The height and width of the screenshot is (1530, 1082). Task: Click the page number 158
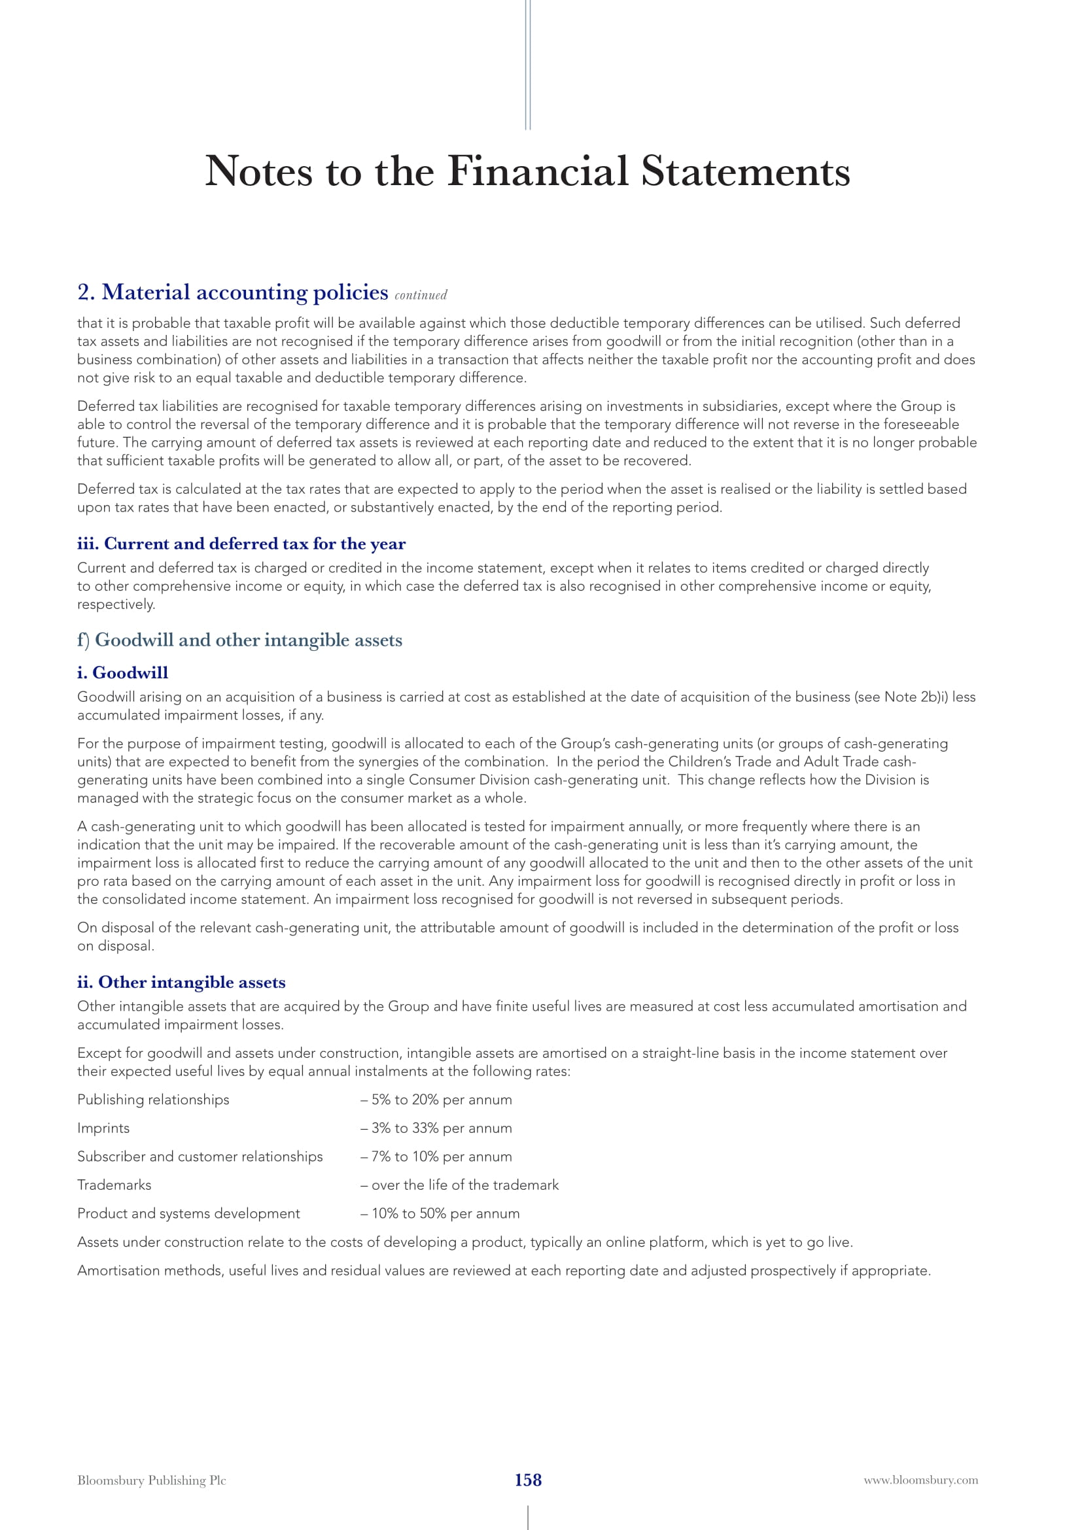tap(528, 1480)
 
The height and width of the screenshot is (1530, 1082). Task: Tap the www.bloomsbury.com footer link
tap(921, 1480)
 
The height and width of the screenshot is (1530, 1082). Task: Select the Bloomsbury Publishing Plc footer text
tap(151, 1480)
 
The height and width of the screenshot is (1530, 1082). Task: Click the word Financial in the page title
tap(538, 171)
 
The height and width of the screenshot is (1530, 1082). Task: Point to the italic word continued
tap(421, 295)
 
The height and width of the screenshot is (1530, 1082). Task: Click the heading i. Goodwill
tap(122, 672)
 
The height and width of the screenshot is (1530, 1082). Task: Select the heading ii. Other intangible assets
tap(181, 982)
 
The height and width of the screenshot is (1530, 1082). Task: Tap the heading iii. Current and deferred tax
tap(241, 544)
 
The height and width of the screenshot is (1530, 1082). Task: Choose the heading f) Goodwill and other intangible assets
tap(240, 640)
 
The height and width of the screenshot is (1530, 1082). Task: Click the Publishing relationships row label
tap(153, 1100)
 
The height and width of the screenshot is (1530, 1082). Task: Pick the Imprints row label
tap(103, 1128)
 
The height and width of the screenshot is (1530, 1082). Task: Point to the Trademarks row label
tap(114, 1185)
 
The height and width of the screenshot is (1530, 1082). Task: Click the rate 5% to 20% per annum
tap(442, 1100)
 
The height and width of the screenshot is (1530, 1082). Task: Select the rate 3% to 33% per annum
tap(442, 1128)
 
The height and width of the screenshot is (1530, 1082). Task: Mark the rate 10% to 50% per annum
tap(445, 1213)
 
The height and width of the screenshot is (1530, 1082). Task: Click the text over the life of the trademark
tap(464, 1185)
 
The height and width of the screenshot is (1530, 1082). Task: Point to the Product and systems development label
tap(188, 1213)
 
